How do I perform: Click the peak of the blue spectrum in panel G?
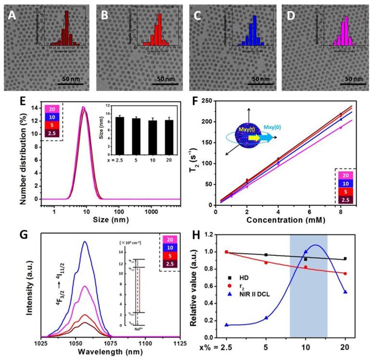[85, 242]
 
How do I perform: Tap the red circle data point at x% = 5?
[265, 263]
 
